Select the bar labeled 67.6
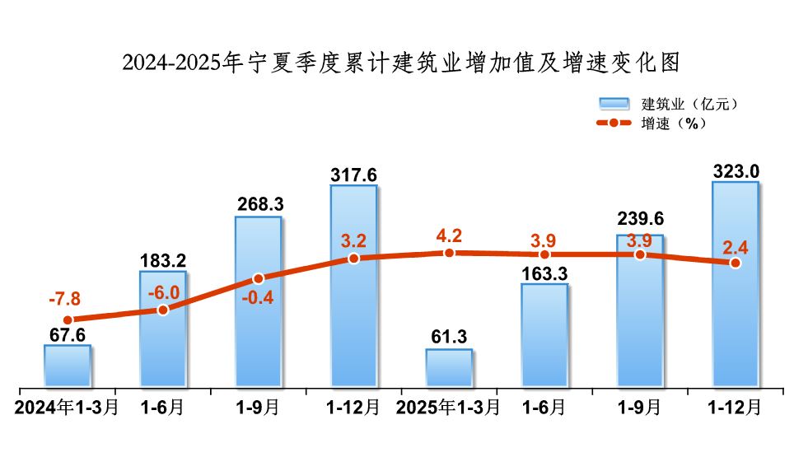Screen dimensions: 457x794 coord(68,366)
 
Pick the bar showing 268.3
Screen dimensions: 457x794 coord(258,301)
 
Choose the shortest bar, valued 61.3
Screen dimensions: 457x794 coord(449,367)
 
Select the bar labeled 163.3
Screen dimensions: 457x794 coord(544,335)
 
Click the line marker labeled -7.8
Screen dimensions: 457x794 coord(68,319)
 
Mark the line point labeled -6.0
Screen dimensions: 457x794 coord(163,310)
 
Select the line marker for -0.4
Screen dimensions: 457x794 coord(258,278)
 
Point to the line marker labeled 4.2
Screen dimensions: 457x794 coord(449,253)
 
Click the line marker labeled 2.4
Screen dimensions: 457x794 coord(735,263)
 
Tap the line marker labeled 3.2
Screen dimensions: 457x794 coord(353,258)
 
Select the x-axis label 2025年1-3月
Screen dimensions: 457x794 coord(448,408)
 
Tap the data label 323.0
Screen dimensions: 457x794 coord(736,170)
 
